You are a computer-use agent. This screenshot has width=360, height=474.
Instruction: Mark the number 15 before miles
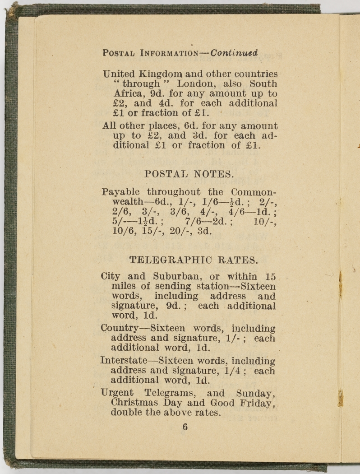click(x=270, y=276)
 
